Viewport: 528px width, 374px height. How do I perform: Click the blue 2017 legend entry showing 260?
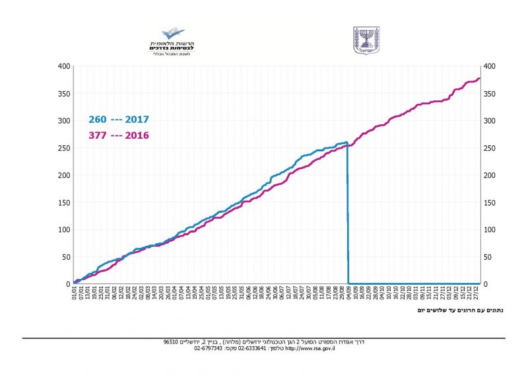coord(119,120)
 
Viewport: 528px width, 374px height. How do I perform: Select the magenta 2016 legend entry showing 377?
coord(119,135)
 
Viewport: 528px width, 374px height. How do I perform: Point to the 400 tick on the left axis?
coord(64,66)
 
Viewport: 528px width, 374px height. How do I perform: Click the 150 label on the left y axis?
coord(64,203)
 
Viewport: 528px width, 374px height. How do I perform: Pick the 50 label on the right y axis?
coord(488,257)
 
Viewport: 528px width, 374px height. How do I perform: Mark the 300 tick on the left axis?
coord(64,121)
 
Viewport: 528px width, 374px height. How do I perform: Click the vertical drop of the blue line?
coord(348,211)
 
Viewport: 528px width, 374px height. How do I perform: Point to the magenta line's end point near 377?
coord(479,79)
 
